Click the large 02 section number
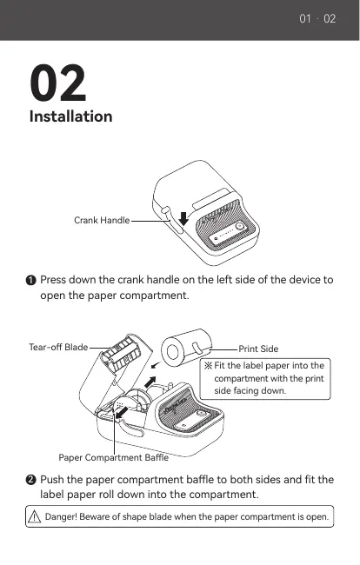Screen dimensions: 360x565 pos(58,83)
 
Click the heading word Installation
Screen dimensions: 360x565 pos(71,116)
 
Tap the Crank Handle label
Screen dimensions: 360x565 pos(102,220)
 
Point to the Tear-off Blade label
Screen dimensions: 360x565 pos(58,347)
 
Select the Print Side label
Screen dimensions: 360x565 pos(258,349)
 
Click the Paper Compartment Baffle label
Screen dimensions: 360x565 pos(114,457)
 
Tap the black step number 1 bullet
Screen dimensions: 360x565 pos(31,280)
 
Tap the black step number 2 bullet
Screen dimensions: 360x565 pos(31,480)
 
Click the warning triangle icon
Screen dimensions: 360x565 pos(34,516)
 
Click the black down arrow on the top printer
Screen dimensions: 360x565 pos(183,219)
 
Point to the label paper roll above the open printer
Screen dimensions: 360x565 pos(186,348)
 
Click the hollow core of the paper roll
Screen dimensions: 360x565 pos(171,352)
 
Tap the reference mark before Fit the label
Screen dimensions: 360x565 pos(208,366)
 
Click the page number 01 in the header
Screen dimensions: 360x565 pos(305,19)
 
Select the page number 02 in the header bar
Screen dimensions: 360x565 pos(330,19)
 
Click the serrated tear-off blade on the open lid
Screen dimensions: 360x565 pos(120,354)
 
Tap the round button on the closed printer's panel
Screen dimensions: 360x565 pos(239,226)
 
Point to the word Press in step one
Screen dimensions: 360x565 pos(53,280)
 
